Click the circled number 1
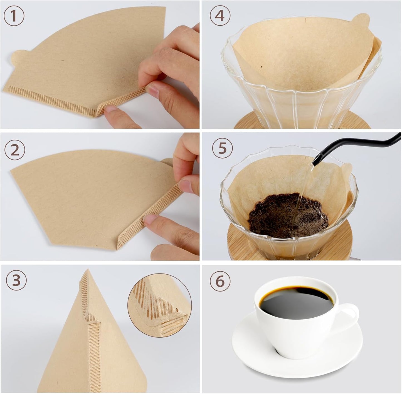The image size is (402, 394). [14, 16]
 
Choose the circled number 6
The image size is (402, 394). [220, 281]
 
